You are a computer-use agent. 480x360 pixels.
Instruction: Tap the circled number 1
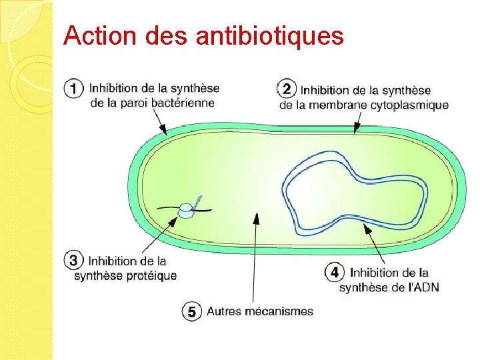tap(74, 88)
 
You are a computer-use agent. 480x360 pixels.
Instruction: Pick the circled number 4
tap(334, 272)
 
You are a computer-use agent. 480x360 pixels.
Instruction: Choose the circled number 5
tap(191, 311)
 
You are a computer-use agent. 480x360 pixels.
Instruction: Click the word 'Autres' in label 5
tap(224, 311)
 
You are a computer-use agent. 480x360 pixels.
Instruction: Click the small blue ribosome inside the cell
tap(187, 211)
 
